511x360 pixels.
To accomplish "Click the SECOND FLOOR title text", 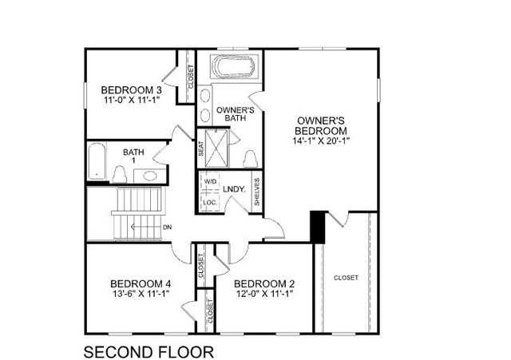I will pyautogui.click(x=149, y=351).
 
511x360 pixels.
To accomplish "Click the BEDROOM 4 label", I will pyautogui.click(x=141, y=283).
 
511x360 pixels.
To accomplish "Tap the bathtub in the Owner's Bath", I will pyautogui.click(x=232, y=67).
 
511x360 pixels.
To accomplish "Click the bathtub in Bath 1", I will pyautogui.click(x=95, y=160).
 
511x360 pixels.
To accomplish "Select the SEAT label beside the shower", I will pyautogui.click(x=200, y=148).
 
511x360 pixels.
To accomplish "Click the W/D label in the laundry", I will pyautogui.click(x=210, y=182).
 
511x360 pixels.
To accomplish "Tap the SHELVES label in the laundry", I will pyautogui.click(x=256, y=192).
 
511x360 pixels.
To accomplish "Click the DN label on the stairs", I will pyautogui.click(x=167, y=227).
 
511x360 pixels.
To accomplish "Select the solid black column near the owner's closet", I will pyautogui.click(x=317, y=226).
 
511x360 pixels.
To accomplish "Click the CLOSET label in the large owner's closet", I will pyautogui.click(x=347, y=278).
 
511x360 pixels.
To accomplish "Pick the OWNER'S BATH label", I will pyautogui.click(x=236, y=114).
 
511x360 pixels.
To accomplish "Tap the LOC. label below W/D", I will pyautogui.click(x=210, y=203).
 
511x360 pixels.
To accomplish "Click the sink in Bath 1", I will pyautogui.click(x=150, y=176).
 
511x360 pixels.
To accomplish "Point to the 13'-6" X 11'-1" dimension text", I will pyautogui.click(x=141, y=294).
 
